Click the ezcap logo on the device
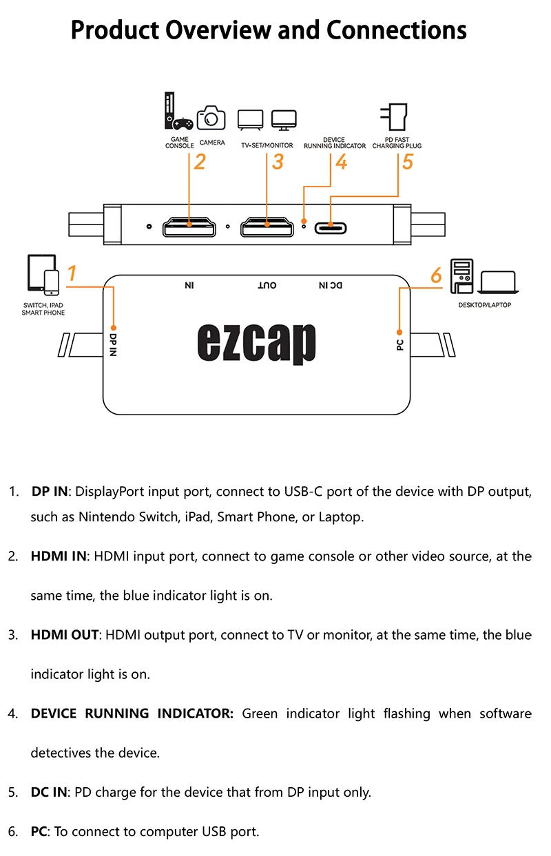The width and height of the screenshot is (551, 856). click(256, 343)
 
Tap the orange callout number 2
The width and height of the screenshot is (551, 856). click(200, 162)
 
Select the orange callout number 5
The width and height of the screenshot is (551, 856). click(407, 162)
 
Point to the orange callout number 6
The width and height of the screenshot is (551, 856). click(435, 275)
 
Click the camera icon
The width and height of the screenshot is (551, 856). click(211, 118)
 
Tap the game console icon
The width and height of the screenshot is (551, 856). click(177, 112)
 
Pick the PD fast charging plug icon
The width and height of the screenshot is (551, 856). click(397, 116)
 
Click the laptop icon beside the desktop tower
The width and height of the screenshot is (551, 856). click(497, 282)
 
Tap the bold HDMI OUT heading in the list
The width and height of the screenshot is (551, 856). click(65, 635)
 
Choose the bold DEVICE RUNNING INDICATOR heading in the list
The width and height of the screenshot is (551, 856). click(132, 713)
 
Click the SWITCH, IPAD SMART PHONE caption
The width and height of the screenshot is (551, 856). click(43, 309)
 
